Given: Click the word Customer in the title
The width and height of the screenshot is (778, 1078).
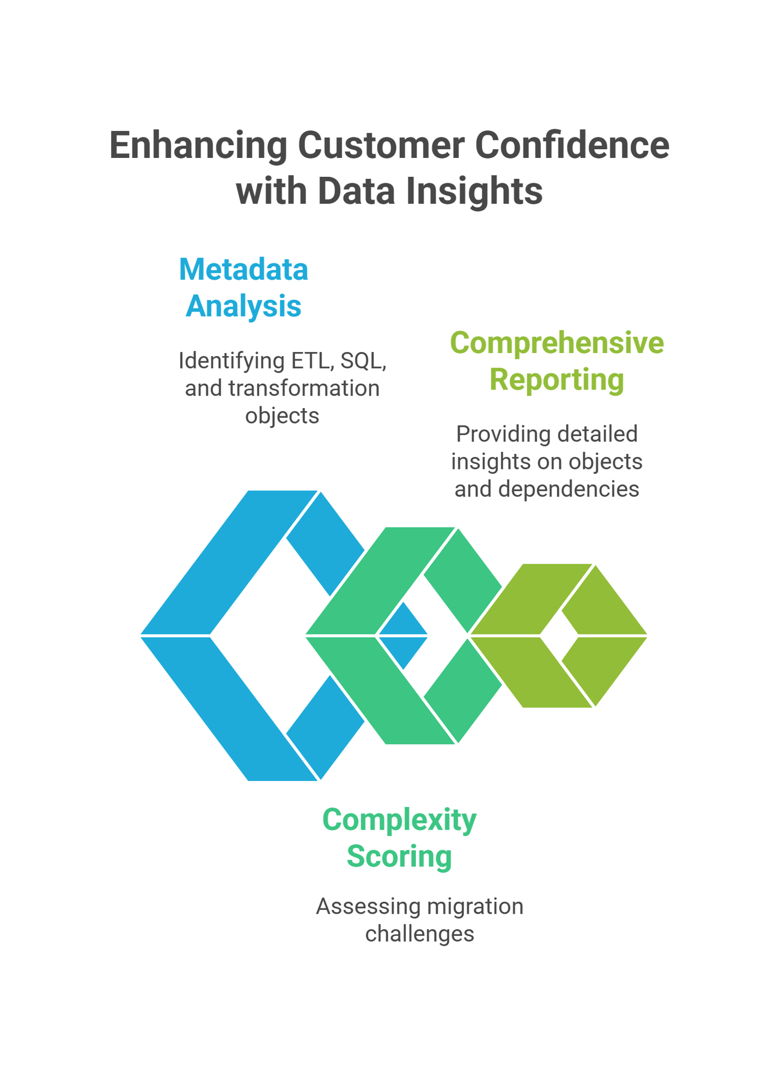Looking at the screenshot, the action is (x=381, y=145).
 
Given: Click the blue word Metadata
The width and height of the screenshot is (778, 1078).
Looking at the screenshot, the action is (x=244, y=269).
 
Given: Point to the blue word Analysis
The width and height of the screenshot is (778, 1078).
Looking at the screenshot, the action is (x=244, y=307).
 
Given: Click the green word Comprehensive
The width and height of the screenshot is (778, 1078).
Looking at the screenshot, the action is (x=557, y=343).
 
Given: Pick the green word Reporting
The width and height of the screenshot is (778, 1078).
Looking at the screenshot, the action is (x=557, y=380).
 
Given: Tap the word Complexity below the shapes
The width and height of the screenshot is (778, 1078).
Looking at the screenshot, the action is (x=399, y=820).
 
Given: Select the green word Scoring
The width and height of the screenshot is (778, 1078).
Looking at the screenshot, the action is (x=399, y=856).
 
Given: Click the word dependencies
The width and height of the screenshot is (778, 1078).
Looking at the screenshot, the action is (x=568, y=489).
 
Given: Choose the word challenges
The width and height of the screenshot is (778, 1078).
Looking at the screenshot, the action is (x=420, y=934).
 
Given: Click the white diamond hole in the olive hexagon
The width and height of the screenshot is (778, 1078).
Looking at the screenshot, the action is (x=559, y=636).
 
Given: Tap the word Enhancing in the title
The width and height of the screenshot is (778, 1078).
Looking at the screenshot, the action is (x=198, y=145).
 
